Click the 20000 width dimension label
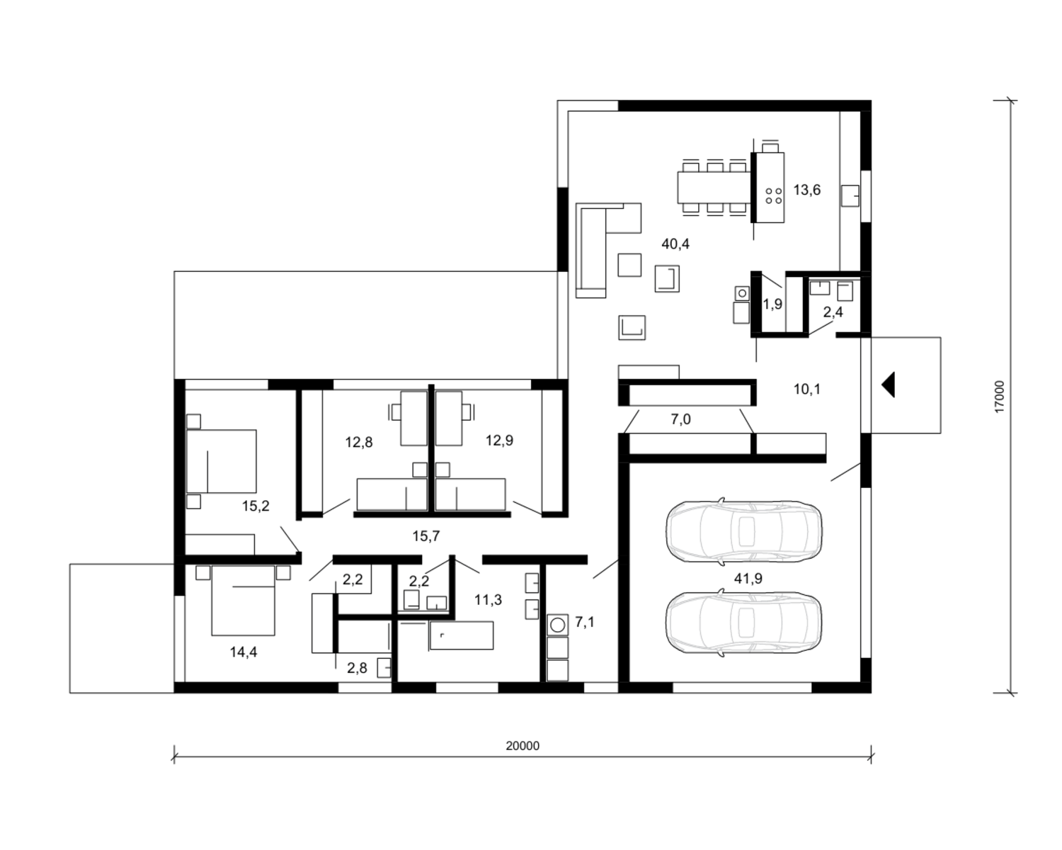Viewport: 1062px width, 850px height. coord(523,746)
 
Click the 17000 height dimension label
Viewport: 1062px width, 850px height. coord(999,397)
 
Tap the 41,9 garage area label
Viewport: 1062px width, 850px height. coord(748,579)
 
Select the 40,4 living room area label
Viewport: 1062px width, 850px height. coord(675,244)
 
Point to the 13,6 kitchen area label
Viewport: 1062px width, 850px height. coord(807,190)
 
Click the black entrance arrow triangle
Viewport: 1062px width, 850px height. coord(889,385)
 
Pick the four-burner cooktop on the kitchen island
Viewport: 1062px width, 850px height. coord(773,195)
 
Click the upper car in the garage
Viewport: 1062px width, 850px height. coord(743,531)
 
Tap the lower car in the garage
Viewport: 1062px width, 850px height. coord(743,623)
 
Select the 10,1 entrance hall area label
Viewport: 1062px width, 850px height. coord(807,389)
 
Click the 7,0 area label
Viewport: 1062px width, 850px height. coord(680,419)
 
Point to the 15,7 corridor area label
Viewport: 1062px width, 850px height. coord(426,536)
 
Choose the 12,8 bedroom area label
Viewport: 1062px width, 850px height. coord(359,443)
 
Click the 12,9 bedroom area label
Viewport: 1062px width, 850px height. coord(499,440)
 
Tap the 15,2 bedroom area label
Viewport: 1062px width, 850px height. coord(256,506)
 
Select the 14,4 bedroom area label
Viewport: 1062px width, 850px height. coord(244,652)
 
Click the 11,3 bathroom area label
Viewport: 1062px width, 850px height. coord(488,600)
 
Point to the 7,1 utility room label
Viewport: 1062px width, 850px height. coord(585,623)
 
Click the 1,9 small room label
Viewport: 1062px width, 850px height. coord(773,305)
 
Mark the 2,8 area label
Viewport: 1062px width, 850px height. coord(357,668)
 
